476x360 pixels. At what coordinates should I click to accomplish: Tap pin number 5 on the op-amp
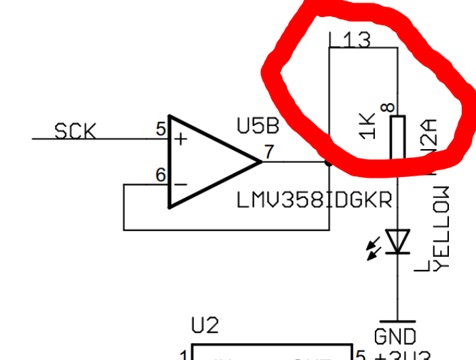pyautogui.click(x=161, y=129)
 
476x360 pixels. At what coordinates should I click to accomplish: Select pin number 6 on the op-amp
pyautogui.click(x=161, y=175)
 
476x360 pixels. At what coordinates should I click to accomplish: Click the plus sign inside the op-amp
pyautogui.click(x=181, y=139)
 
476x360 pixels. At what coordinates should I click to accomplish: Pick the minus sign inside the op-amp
pyautogui.click(x=181, y=184)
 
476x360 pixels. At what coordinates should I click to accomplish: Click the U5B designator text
pyautogui.click(x=257, y=126)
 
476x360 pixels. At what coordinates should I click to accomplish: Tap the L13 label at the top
pyautogui.click(x=350, y=41)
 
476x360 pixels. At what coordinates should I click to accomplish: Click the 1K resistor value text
pyautogui.click(x=367, y=126)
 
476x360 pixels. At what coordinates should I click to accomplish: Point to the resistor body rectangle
pyautogui.click(x=398, y=136)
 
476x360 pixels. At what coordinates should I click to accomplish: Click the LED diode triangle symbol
pyautogui.click(x=398, y=241)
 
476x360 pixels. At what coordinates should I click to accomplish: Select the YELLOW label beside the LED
pyautogui.click(x=441, y=227)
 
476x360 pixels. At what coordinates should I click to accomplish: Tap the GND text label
pyautogui.click(x=396, y=336)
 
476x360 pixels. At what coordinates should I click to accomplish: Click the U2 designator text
pyautogui.click(x=205, y=326)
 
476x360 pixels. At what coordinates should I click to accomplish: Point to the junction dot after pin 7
pyautogui.click(x=329, y=162)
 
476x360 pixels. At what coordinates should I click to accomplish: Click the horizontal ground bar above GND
pyautogui.click(x=397, y=321)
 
